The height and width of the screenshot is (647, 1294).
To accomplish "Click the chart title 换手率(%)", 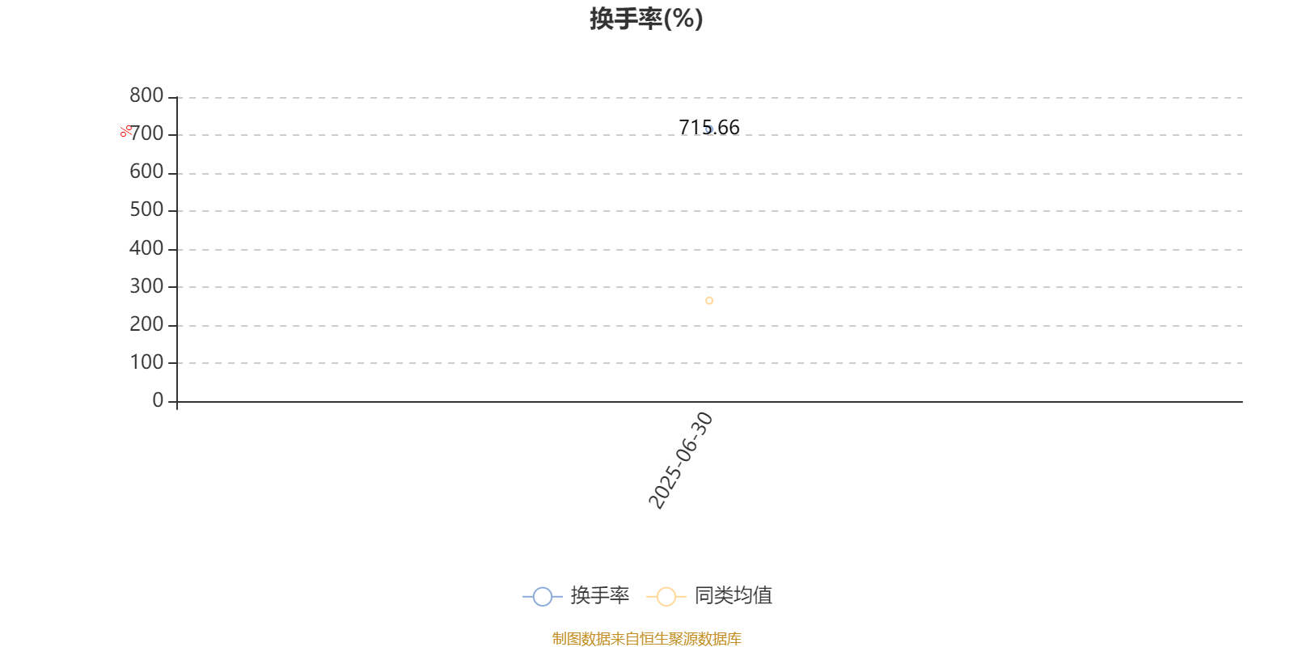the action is pos(646,19).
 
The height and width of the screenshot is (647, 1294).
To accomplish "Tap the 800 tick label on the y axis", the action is pos(146,95).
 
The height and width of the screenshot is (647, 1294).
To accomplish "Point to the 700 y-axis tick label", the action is pos(147,133).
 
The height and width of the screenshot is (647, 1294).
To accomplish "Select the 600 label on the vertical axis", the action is pos(146,171).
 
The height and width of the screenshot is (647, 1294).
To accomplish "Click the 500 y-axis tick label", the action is pos(146,209).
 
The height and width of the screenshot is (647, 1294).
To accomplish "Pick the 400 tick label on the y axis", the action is pos(146,247).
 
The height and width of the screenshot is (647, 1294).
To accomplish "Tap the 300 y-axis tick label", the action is pos(146,286).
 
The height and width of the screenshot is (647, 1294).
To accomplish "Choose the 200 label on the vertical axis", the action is pos(146,324).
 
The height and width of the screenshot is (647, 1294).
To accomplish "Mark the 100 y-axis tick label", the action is pos(146,362).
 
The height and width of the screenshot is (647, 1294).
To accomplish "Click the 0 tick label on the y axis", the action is pos(158,400).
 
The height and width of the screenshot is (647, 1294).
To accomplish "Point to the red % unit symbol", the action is pos(126,131).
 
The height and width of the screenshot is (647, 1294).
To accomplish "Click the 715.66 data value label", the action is pos(708,127).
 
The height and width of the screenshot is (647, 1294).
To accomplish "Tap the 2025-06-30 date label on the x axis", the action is pos(680,460).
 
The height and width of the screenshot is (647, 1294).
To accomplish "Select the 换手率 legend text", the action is pos(599,595).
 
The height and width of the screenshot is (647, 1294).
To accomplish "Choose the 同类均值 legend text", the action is pos(733,595).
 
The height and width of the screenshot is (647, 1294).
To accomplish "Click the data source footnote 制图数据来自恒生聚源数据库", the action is pos(646,638).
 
